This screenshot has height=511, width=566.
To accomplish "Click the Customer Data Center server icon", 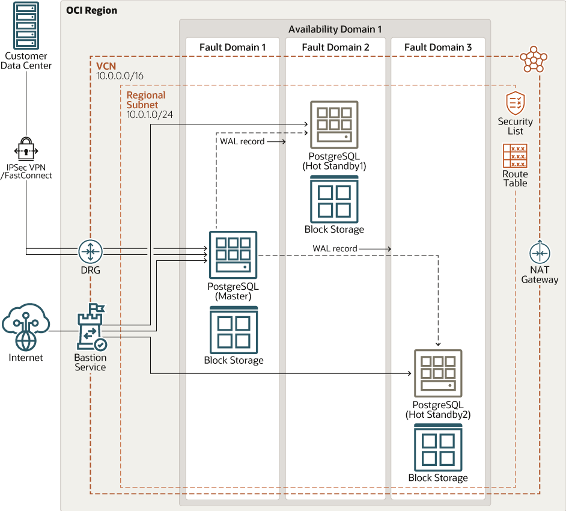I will click(26, 26).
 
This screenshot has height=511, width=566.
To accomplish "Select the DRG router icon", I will click(91, 251).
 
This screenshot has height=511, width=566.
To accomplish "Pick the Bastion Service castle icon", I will click(91, 327).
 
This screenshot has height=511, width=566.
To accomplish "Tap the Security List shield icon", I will click(516, 103).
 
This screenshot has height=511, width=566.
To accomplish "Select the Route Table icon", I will click(515, 156).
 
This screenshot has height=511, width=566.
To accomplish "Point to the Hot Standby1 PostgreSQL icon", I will click(334, 124).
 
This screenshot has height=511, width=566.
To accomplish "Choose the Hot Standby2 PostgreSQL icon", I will click(438, 373).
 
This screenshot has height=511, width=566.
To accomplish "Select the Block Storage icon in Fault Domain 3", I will click(438, 448).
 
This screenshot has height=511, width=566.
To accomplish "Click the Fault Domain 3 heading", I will click(437, 47).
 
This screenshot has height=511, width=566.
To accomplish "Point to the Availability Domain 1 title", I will click(335, 29).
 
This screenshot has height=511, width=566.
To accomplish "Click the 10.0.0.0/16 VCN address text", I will click(120, 76).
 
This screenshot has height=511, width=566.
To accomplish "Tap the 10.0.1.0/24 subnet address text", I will click(150, 114).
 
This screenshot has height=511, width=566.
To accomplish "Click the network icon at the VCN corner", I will click(534, 59).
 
